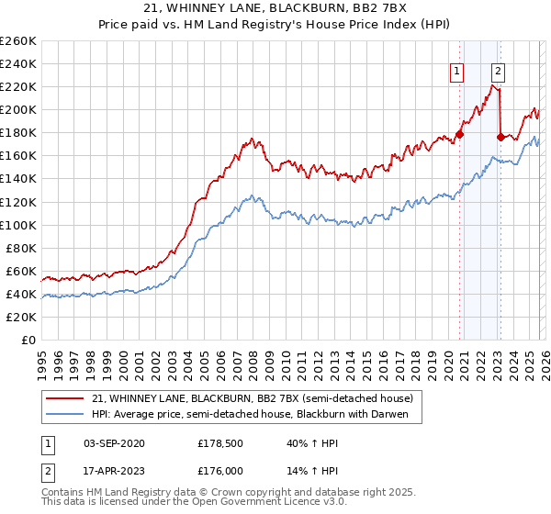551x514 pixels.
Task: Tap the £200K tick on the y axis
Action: pos(18,110)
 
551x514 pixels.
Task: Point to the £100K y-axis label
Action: pos(18,225)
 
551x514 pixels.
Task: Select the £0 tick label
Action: pos(28,340)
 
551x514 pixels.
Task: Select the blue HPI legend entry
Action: pos(257,415)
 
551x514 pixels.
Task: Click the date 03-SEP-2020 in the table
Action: pos(113,443)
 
